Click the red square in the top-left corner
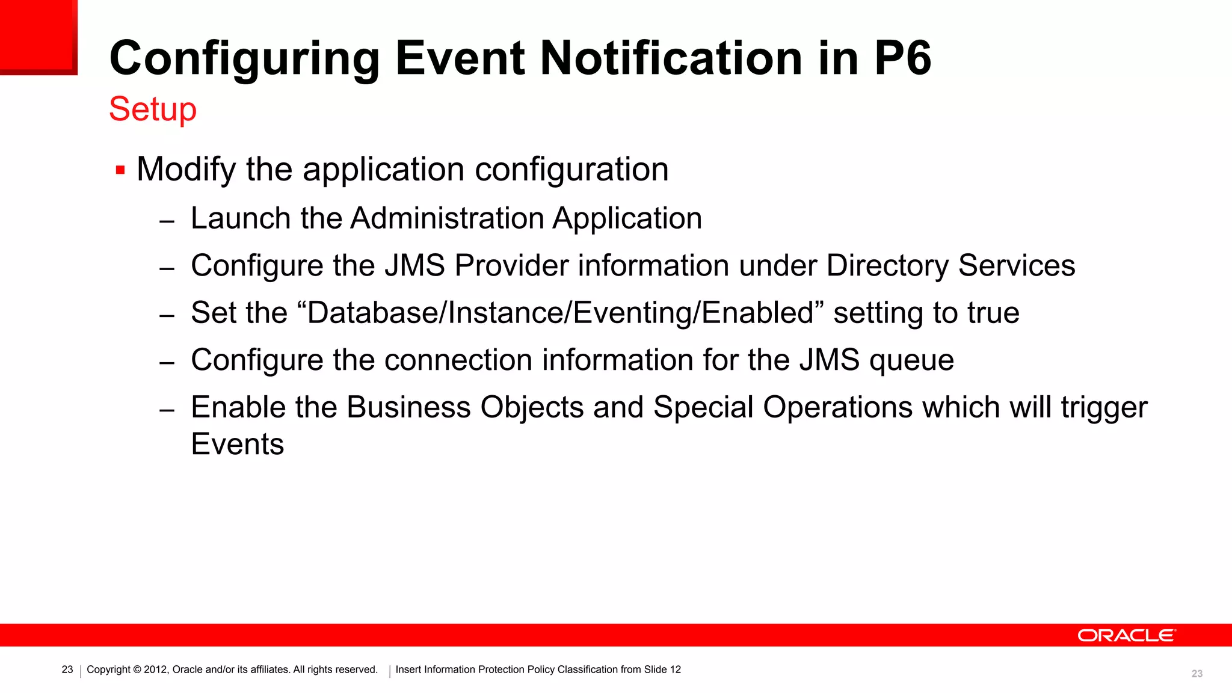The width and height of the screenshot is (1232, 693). point(38,36)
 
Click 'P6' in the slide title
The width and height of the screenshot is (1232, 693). point(902,58)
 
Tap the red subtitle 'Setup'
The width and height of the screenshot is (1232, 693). point(153,109)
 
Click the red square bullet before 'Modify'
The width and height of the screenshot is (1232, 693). point(120,170)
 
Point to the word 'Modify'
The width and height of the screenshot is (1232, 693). point(186,170)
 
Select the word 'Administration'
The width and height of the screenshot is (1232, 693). point(447,218)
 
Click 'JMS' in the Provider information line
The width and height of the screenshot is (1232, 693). point(414,266)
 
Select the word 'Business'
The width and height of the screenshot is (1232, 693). point(408,407)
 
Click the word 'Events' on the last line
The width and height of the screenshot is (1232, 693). point(237,445)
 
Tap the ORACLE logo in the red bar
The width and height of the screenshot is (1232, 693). point(1126,636)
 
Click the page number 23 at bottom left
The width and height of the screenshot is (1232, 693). point(67,670)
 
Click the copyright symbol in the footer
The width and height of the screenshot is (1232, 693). point(137,670)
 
